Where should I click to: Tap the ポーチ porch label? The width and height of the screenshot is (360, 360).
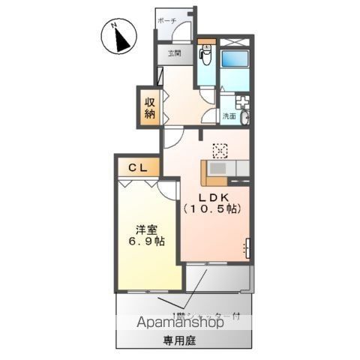[x=167, y=22]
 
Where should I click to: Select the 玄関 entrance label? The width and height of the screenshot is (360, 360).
[x=174, y=53]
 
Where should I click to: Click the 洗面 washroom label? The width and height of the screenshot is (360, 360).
[x=229, y=116]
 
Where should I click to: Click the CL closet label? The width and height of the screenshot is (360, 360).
[x=136, y=167]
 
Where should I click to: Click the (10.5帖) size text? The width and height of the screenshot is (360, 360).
[x=212, y=210]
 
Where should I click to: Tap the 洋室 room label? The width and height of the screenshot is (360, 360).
[x=147, y=229]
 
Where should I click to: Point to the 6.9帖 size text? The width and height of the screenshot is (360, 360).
[x=147, y=242]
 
